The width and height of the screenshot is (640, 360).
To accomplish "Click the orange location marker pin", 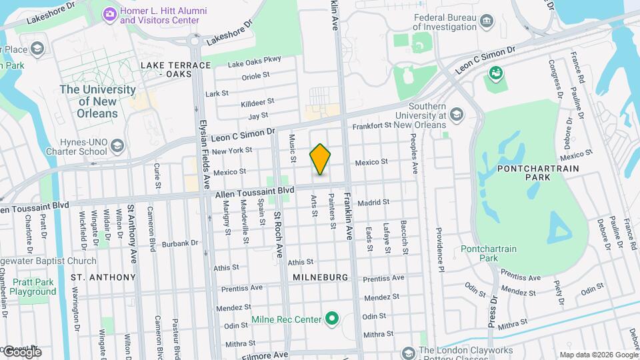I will point(320,159).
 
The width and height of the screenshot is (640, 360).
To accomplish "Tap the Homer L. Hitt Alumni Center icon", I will point(109,13).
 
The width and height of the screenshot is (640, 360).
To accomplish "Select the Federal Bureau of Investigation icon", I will point(487,21).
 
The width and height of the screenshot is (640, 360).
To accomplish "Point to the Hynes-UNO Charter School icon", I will point(117,145).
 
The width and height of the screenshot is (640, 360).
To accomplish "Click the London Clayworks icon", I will point(408,351).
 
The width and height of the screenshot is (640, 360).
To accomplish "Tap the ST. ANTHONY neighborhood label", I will point(103,277).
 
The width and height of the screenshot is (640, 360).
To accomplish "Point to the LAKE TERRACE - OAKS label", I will point(175,69).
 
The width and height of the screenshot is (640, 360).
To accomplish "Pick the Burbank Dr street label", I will point(185,244).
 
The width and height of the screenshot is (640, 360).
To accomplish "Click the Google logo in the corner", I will point(21,351).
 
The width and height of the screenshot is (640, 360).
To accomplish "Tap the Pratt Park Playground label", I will point(33,287).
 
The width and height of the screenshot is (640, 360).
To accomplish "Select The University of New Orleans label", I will point(98,101).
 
